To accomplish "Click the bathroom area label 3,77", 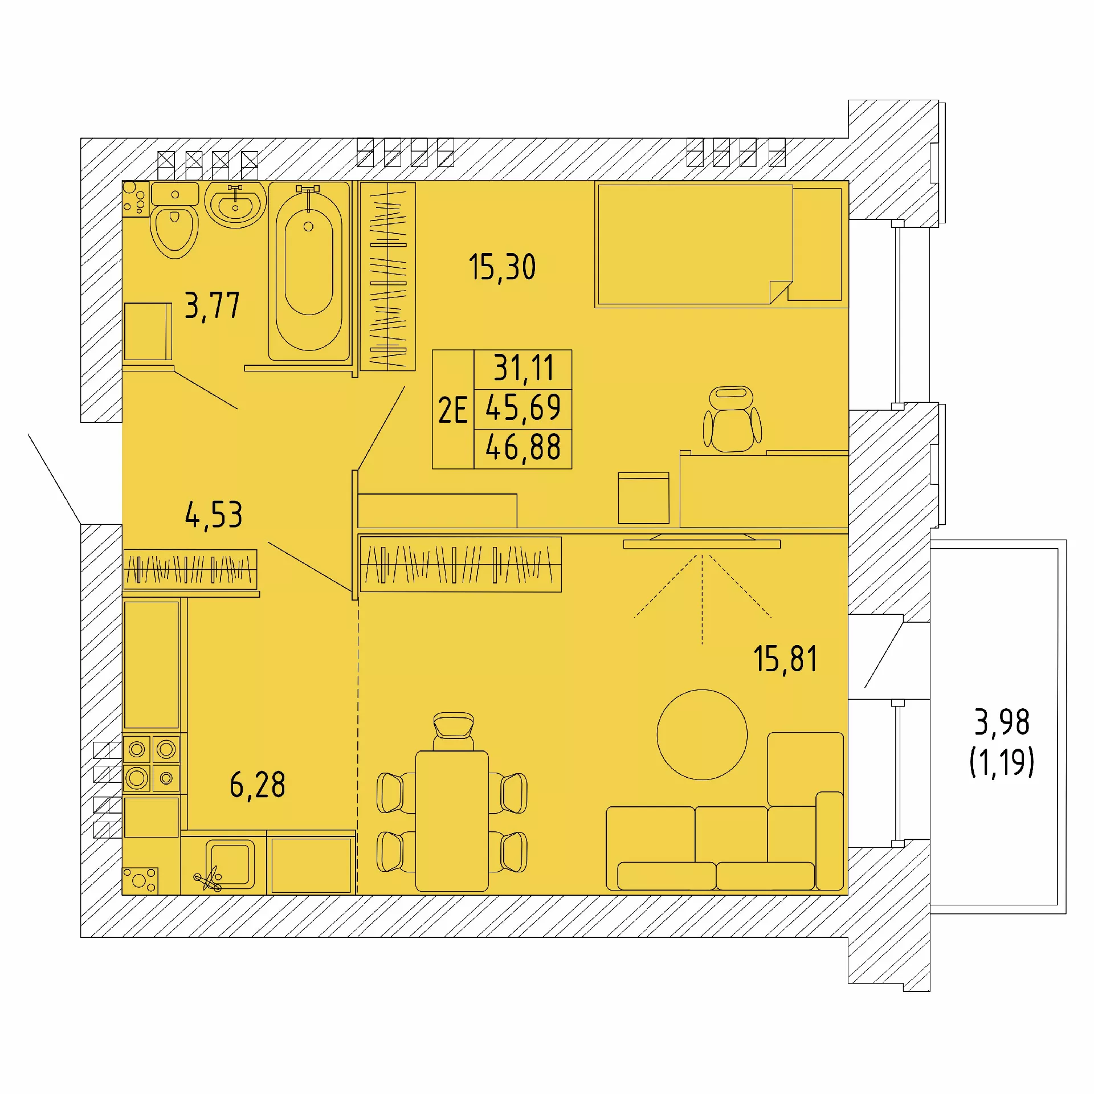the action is [212, 306].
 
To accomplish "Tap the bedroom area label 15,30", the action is [502, 267].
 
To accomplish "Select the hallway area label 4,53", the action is [214, 515].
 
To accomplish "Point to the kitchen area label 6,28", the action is [258, 785].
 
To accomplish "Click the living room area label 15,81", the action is [785, 659].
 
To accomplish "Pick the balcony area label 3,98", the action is [1002, 722].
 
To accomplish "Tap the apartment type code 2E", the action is [452, 410].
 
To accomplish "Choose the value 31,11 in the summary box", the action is [523, 368].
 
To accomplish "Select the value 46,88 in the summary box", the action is [523, 447].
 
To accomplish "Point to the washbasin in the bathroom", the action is [235, 205].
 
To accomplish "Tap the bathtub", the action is [309, 271].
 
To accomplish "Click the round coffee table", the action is [702, 734].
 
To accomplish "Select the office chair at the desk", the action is [732, 419].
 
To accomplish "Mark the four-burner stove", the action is [152, 764].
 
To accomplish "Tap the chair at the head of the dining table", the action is [453, 731].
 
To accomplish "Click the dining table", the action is [452, 821].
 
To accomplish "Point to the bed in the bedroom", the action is [721, 244].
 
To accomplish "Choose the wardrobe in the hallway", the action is [190, 569].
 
